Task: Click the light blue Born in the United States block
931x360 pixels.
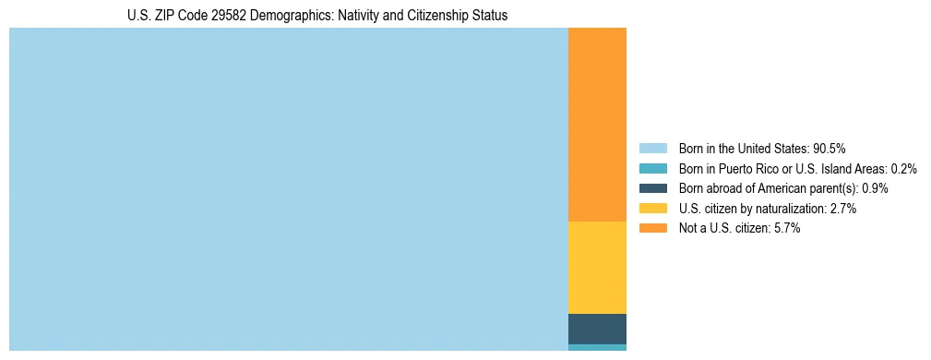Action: (x=288, y=189)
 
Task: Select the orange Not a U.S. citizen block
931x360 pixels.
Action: (x=597, y=125)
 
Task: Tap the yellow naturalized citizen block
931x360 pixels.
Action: (x=597, y=268)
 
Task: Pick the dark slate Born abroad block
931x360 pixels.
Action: (x=597, y=329)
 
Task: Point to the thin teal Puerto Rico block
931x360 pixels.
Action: (x=597, y=347)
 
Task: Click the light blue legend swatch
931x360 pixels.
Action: (x=652, y=149)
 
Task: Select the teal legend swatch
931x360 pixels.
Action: (x=652, y=169)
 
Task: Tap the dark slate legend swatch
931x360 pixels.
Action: (x=652, y=188)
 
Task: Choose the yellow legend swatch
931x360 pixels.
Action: (x=652, y=209)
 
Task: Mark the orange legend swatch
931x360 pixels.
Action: (x=652, y=228)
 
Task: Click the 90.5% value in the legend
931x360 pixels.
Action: (x=830, y=149)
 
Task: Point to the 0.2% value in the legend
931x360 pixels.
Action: (x=904, y=169)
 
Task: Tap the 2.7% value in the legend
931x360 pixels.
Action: (x=843, y=209)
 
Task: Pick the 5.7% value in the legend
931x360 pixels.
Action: (x=787, y=228)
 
